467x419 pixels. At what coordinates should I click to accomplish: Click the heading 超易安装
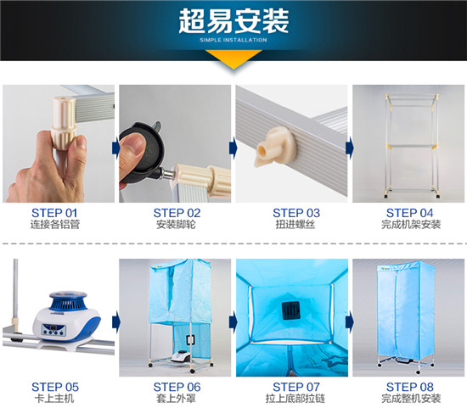coord(233,20)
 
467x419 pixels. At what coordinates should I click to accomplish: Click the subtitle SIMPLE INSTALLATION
coord(233,40)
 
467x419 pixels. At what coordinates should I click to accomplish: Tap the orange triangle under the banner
coord(233,59)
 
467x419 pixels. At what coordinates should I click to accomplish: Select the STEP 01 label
coord(54,213)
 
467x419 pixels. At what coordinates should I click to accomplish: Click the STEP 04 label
coord(409,213)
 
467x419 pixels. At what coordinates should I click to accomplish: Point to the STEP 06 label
coord(177,387)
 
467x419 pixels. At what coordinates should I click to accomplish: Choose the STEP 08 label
coord(410,387)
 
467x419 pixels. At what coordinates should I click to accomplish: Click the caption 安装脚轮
coord(176,225)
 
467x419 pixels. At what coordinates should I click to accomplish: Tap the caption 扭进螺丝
coord(295,225)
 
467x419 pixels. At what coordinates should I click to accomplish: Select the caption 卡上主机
coord(54,399)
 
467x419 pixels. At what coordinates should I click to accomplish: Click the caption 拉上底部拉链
coord(295,399)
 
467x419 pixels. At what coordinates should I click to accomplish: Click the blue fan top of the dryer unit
coord(68,300)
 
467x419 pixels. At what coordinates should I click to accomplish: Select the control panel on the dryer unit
coord(53,329)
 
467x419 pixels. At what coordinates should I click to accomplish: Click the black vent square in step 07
coord(290,310)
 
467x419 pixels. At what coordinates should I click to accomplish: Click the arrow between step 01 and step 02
coord(115,148)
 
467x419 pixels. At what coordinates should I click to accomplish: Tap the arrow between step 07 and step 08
coord(349,322)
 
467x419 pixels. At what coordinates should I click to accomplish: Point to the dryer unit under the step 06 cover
coord(180,355)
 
